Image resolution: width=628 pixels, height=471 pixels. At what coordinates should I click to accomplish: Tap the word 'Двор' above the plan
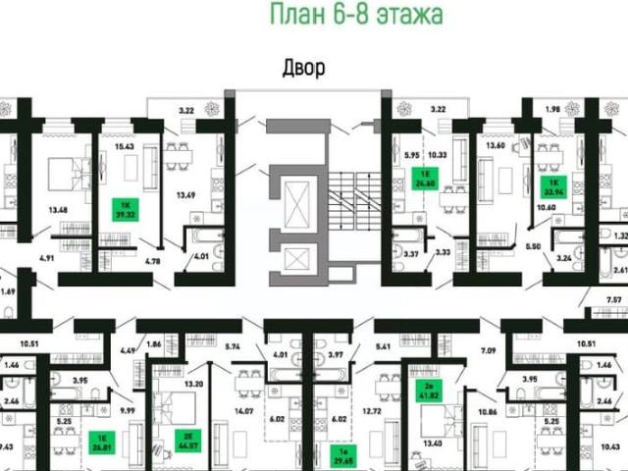303,68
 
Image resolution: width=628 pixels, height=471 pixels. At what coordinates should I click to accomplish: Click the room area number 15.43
124,146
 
